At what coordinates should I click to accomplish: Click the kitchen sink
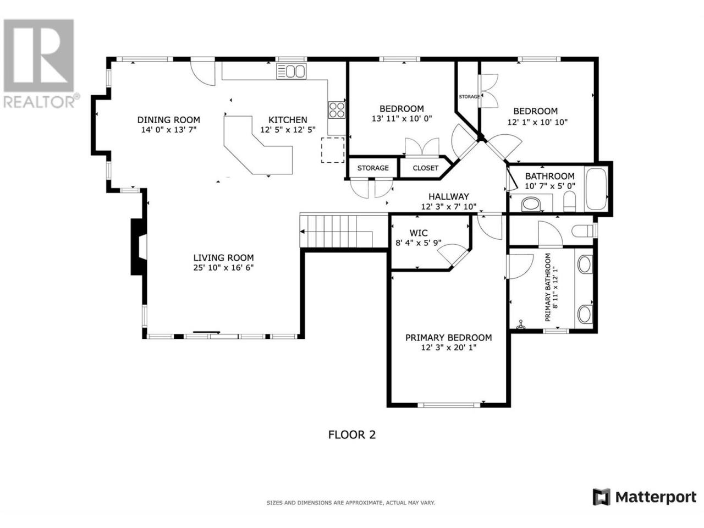[291, 71]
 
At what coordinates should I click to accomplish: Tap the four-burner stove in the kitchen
[337, 110]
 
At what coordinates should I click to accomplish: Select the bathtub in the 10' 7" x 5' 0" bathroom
[596, 189]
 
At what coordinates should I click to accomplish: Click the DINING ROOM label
[169, 120]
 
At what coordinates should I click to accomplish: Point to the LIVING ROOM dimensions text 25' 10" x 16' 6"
[223, 267]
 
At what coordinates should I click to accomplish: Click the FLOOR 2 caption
[351, 435]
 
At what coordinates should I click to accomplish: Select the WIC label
[419, 233]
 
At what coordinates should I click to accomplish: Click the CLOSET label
[425, 168]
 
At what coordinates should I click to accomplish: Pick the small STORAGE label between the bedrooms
[469, 96]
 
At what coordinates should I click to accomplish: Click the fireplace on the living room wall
[139, 247]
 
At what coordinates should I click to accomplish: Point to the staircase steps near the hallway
[336, 231]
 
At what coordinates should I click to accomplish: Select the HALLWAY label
[449, 196]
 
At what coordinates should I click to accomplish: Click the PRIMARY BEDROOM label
[448, 338]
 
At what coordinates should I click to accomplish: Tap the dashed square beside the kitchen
[333, 150]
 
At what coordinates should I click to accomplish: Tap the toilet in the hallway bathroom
[570, 202]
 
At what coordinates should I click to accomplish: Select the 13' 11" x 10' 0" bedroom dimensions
[402, 119]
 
